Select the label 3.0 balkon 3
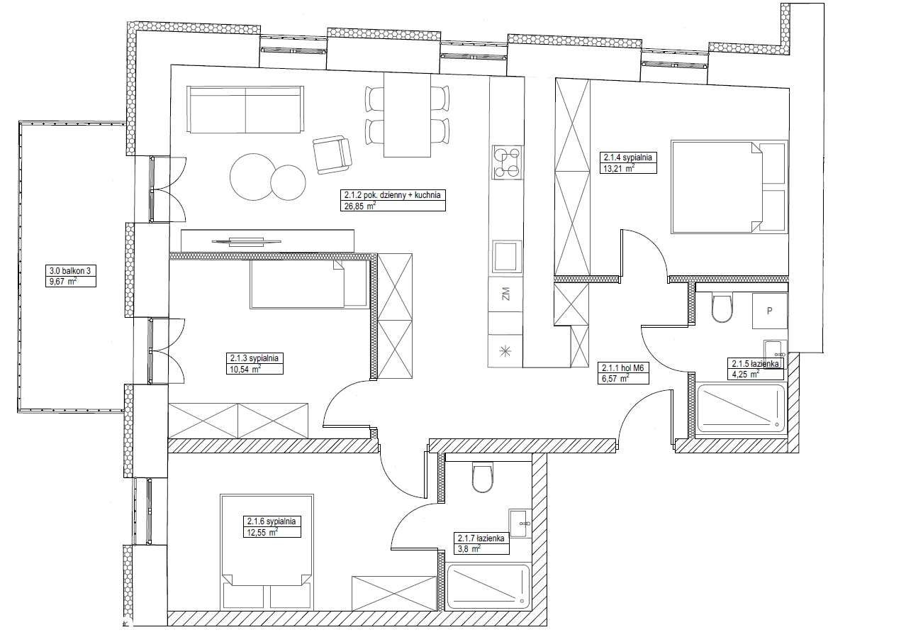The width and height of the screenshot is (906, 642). [69, 270]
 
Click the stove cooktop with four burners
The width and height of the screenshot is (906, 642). [506, 162]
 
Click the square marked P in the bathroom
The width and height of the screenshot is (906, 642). [768, 311]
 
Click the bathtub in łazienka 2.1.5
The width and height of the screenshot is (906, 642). [742, 408]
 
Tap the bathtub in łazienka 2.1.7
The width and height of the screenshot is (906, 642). [488, 587]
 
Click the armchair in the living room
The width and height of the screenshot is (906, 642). [332, 154]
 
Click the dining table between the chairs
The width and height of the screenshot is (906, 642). [407, 114]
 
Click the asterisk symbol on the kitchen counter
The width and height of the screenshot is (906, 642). [505, 350]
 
